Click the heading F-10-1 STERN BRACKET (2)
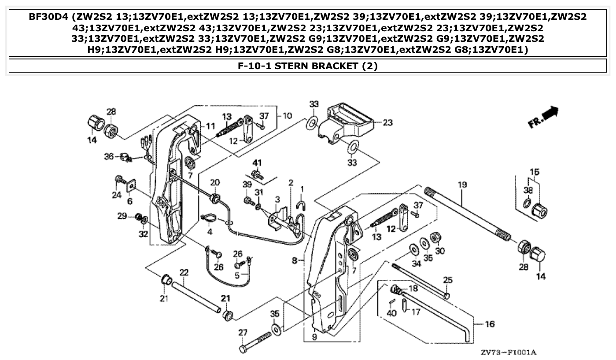pyautogui.click(x=308, y=66)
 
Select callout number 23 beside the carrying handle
pyautogui.click(x=387, y=123)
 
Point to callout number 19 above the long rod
pyautogui.click(x=461, y=185)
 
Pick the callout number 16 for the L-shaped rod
pyautogui.click(x=489, y=324)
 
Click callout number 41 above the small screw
pyautogui.click(x=257, y=163)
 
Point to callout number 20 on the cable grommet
pyautogui.click(x=214, y=183)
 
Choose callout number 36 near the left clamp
pyautogui.click(x=109, y=156)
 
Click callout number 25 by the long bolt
pyautogui.click(x=448, y=280)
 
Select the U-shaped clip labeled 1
pyautogui.click(x=302, y=204)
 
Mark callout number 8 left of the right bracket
pyautogui.click(x=295, y=261)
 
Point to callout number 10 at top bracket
pyautogui.click(x=287, y=116)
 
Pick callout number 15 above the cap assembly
pyautogui.click(x=534, y=171)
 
